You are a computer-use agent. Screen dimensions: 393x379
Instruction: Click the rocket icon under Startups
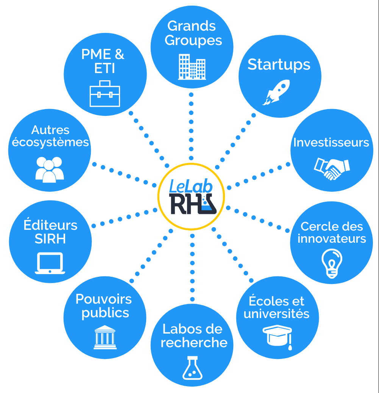click(276, 92)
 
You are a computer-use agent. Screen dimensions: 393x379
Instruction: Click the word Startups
click(279, 64)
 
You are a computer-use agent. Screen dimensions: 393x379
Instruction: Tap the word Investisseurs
click(331, 142)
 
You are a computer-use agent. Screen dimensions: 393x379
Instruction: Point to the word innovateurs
click(332, 239)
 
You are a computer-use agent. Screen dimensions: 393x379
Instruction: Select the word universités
click(277, 314)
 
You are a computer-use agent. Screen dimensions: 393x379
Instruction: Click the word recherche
click(194, 343)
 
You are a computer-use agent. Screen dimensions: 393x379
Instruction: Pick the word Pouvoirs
click(104, 299)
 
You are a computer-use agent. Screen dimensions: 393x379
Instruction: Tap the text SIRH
click(50, 239)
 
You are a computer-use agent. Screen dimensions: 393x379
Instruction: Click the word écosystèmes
click(50, 142)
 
